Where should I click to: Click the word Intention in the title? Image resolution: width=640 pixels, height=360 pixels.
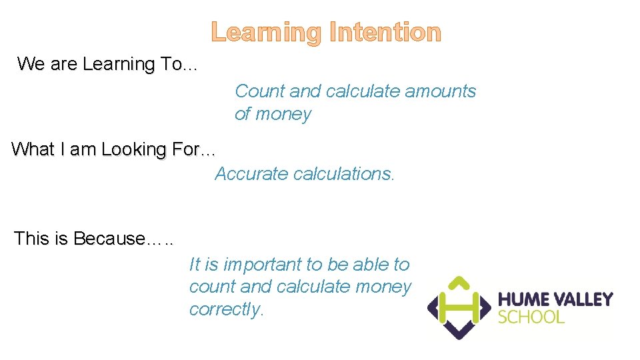click(383, 32)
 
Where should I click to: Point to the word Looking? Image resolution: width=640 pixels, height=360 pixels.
click(133, 150)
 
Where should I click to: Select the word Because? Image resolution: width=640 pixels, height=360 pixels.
click(109, 239)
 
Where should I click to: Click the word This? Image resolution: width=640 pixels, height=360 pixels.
click(31, 239)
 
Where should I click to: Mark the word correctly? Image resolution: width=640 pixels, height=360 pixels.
click(227, 309)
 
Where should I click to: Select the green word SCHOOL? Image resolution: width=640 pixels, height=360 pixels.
click(531, 317)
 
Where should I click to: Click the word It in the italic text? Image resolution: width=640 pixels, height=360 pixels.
click(195, 265)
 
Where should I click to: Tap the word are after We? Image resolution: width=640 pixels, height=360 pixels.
click(64, 65)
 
